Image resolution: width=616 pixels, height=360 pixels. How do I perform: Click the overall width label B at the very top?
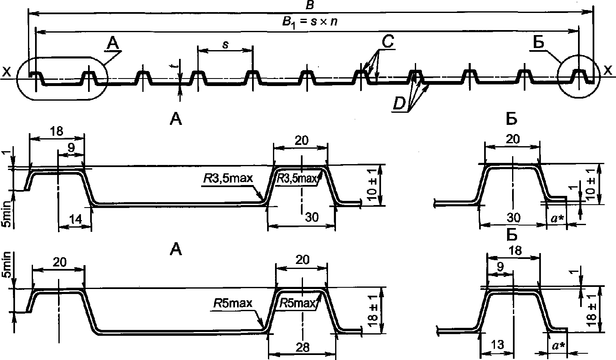click(309, 5)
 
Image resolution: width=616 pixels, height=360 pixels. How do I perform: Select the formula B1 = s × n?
click(309, 22)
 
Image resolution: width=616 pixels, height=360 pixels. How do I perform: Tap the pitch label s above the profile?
click(225, 44)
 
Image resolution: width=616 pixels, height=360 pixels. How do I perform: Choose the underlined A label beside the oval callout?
click(113, 43)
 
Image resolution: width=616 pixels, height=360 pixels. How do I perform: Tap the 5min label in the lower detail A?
click(6, 265)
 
